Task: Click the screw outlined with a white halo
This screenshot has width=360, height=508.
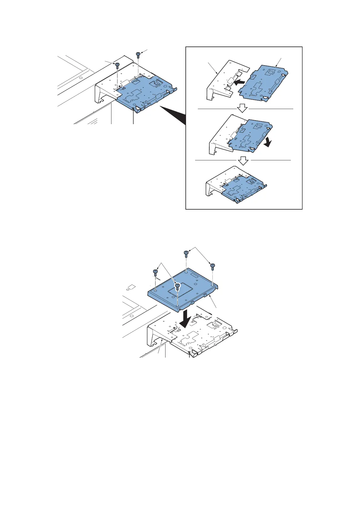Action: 178,286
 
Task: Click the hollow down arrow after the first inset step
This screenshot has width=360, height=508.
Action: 242,108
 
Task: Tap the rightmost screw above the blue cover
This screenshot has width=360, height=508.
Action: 213,266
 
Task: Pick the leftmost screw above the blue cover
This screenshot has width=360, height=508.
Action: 155,272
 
